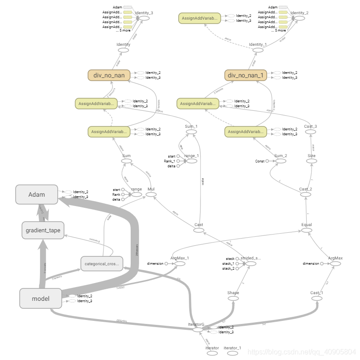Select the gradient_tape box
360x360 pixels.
tap(43, 230)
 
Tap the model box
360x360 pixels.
tap(40, 298)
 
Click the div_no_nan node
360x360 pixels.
tap(109, 75)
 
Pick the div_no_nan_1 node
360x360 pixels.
tap(246, 75)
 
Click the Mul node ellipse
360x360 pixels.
tap(151, 195)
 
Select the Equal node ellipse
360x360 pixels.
tap(307, 230)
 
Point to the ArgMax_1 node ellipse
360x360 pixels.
tap(180, 264)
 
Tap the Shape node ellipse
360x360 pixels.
tap(233, 299)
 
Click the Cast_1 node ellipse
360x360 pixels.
tap(316, 299)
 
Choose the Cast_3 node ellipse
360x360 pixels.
tap(311, 132)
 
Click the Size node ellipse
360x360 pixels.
tap(311, 161)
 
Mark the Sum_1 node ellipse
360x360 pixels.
tap(191, 132)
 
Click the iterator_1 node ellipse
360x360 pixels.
tap(232, 353)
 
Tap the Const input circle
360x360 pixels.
tap(268, 161)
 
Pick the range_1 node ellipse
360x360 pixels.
tap(192, 161)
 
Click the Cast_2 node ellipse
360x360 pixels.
tap(305, 195)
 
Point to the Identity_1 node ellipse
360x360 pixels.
tap(258, 50)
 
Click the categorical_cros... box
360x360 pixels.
tap(101, 264)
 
